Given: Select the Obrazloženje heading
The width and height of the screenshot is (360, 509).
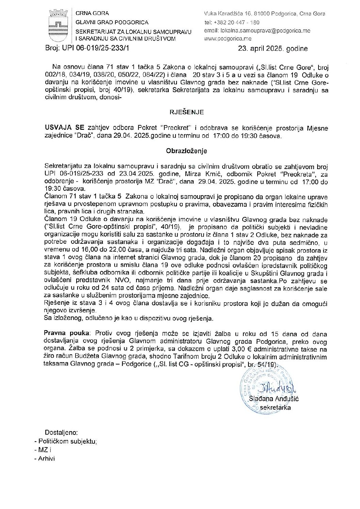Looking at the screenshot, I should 186,150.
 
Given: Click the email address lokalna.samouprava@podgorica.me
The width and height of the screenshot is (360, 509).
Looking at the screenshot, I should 262,31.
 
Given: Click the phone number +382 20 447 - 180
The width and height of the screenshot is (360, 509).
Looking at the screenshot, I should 236,22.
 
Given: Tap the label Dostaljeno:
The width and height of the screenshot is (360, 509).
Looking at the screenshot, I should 61,433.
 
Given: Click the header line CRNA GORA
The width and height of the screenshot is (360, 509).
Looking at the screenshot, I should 92,14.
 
